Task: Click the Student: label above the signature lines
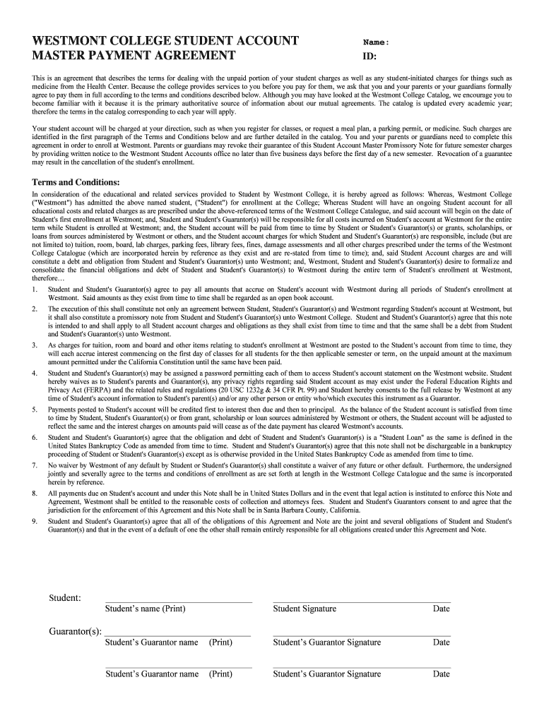pyautogui.click(x=65, y=598)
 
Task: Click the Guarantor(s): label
pyautogui.click(x=75, y=631)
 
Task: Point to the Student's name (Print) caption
pyautogui.click(x=145, y=609)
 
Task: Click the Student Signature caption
pyautogui.click(x=304, y=609)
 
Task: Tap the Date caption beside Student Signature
pyautogui.click(x=441, y=609)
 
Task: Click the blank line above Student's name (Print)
pyautogui.click(x=178, y=602)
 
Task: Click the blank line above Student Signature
pyautogui.click(x=360, y=602)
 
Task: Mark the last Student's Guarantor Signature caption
pyautogui.click(x=326, y=674)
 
